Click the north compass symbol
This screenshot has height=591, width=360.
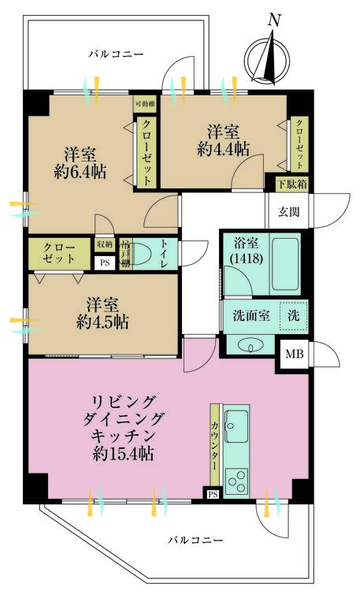pos(268,58)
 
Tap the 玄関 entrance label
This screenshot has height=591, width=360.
pos(289,212)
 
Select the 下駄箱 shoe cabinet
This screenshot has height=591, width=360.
pos(292,184)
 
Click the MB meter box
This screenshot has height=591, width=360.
pos(295,354)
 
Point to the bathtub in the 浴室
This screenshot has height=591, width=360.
pos(285,263)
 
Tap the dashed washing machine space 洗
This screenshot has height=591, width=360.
pos(293,316)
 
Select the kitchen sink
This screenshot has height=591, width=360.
pos(236,426)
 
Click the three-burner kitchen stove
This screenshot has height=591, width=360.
pos(236,481)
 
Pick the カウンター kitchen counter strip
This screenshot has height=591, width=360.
pos(215,446)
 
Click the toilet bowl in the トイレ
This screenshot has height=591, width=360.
pos(140,253)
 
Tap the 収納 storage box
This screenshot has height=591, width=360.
pos(105,244)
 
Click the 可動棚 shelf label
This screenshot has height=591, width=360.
pos(145,104)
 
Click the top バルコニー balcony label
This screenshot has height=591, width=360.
pos(116,54)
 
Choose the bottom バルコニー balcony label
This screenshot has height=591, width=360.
pos(195,540)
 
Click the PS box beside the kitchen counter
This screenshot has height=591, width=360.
pos(213,494)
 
